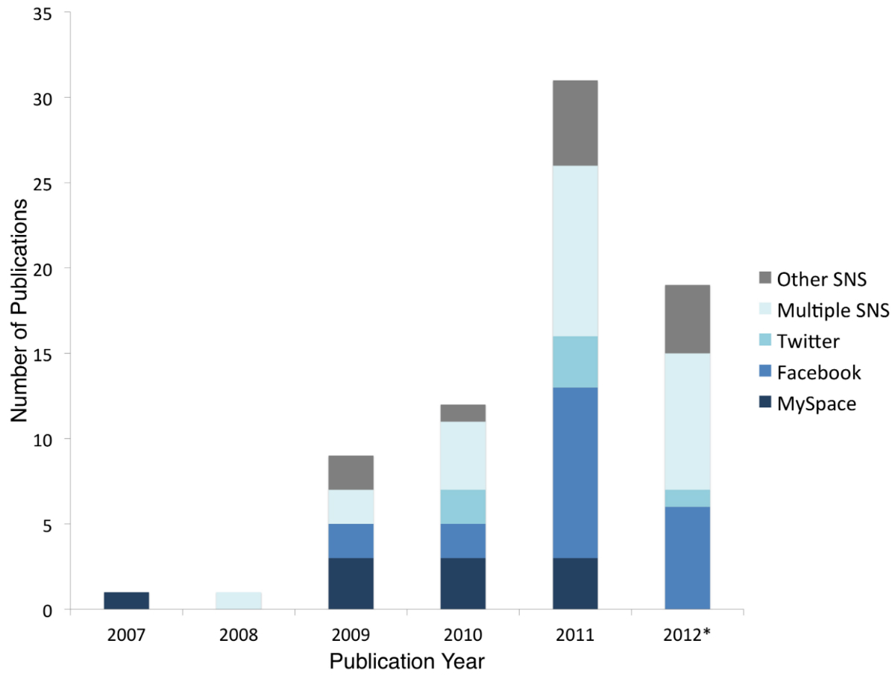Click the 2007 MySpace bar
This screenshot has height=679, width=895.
coord(127,601)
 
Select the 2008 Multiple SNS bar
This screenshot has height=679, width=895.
coord(239,601)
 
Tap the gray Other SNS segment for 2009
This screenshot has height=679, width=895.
coord(351,472)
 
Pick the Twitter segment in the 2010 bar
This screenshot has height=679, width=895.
coord(463,507)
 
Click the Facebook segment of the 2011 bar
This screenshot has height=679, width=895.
coord(575,472)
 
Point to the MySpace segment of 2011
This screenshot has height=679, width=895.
coord(575,583)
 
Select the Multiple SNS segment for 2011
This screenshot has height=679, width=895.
coord(575,251)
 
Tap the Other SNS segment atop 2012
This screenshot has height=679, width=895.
coord(688,319)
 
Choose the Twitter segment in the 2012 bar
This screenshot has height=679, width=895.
coord(688,498)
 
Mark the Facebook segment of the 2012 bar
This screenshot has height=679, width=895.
coord(688,557)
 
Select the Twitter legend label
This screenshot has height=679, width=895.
coord(808,342)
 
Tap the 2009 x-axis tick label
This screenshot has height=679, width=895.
coord(351,636)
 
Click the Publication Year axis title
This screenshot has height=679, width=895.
coord(407,661)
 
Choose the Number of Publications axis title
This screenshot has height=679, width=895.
coord(20,311)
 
